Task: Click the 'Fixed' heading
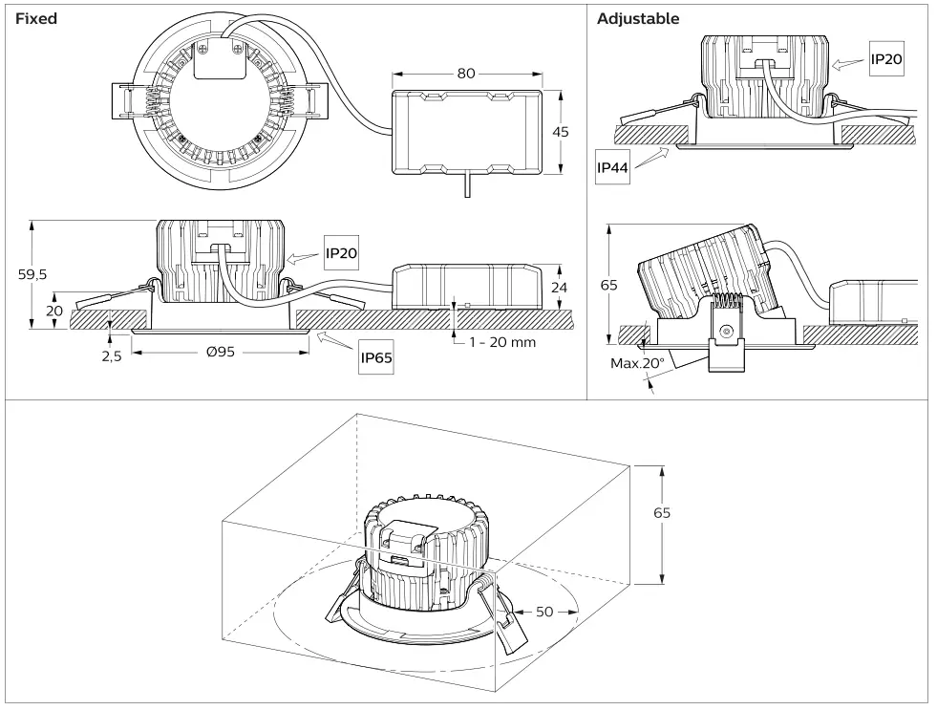coord(36,18)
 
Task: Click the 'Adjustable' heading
coord(638,18)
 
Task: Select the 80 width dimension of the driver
coord(466,74)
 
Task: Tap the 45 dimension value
coord(561,132)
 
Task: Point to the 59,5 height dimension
coord(32,273)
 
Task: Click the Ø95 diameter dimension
coord(221,352)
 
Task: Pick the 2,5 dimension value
coord(111,357)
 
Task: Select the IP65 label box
coord(376,359)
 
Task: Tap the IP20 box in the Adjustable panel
coord(886,59)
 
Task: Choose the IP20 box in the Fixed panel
coord(340,253)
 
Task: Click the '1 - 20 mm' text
coord(501,342)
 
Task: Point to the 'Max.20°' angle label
coord(635,363)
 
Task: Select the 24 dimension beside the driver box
coord(561,288)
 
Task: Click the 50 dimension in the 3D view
coord(543,612)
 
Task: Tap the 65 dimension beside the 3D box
coord(661,512)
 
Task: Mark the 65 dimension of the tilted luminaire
coord(609,285)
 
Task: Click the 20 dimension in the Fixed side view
coord(54,312)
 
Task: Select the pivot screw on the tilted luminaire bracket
coord(726,332)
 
